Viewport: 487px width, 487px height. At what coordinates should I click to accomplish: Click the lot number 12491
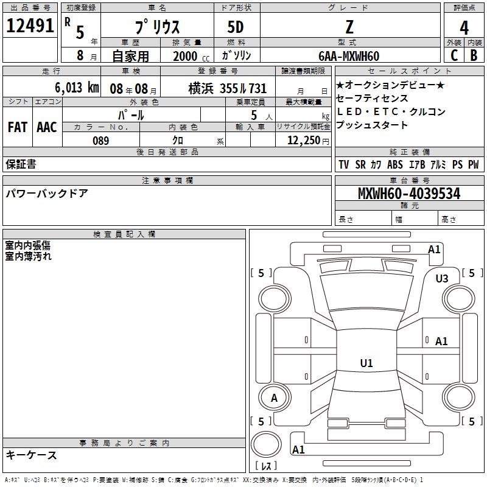(30, 26)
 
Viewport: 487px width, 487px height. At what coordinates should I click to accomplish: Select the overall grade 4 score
(464, 28)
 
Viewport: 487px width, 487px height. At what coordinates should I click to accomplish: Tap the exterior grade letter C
(454, 55)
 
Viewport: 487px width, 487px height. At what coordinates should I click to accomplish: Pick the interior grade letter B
(474, 55)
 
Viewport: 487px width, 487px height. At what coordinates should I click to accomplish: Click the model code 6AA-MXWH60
(349, 56)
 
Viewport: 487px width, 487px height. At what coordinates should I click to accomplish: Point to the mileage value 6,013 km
(77, 88)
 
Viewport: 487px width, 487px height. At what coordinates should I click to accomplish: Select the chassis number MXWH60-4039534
(409, 194)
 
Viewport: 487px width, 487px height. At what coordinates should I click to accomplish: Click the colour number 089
(101, 141)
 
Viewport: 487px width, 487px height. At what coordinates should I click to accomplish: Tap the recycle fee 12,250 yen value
(308, 141)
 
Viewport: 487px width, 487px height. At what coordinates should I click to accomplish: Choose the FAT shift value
(18, 127)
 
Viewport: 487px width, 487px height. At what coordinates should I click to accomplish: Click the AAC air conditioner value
(47, 127)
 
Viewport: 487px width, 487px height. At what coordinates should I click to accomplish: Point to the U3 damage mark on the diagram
(442, 278)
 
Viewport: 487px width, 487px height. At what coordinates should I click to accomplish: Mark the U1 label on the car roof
(366, 363)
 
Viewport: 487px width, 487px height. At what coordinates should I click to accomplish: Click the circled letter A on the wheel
(275, 398)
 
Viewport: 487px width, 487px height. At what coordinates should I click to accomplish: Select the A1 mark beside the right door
(441, 342)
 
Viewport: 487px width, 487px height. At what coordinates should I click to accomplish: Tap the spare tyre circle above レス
(266, 444)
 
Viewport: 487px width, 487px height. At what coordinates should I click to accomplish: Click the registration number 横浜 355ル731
(228, 88)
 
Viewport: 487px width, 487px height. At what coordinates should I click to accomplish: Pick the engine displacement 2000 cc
(191, 56)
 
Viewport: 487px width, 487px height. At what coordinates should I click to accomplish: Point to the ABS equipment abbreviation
(394, 164)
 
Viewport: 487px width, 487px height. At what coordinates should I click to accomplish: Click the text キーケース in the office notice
(32, 455)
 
